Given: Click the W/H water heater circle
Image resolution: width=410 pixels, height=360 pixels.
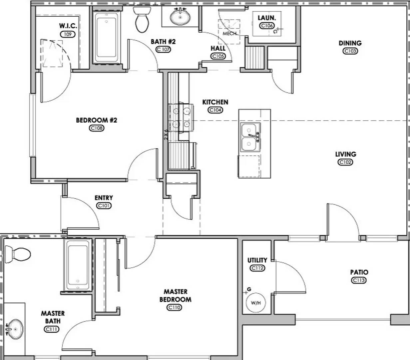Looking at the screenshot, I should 255,303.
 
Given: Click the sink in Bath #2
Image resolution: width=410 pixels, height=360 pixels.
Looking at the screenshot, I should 180,16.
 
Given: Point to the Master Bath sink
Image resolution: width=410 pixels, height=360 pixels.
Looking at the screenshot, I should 15,328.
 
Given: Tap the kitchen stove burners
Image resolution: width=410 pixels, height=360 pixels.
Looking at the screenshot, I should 180,117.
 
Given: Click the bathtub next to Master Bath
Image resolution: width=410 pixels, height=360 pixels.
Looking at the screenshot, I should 78,264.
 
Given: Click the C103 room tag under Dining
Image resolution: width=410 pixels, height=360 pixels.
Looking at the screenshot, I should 350,51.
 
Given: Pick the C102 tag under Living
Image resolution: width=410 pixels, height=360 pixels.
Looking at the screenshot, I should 345,162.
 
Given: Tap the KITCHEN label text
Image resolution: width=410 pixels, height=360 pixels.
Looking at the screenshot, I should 215,102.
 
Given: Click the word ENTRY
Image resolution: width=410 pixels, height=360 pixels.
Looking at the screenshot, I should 104,198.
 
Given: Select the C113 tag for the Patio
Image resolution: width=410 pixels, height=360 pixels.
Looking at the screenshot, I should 359,280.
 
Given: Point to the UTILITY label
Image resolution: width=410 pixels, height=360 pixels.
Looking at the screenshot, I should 257,260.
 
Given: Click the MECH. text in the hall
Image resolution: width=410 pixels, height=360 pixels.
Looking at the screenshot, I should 229,33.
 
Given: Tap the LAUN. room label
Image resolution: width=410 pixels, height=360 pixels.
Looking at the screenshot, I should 267,18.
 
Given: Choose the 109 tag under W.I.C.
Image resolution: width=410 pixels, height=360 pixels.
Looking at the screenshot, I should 68,34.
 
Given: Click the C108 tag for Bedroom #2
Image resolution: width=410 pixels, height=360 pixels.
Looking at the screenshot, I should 97,128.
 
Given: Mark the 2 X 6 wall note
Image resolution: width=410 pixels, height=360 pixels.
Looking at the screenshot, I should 166,134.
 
